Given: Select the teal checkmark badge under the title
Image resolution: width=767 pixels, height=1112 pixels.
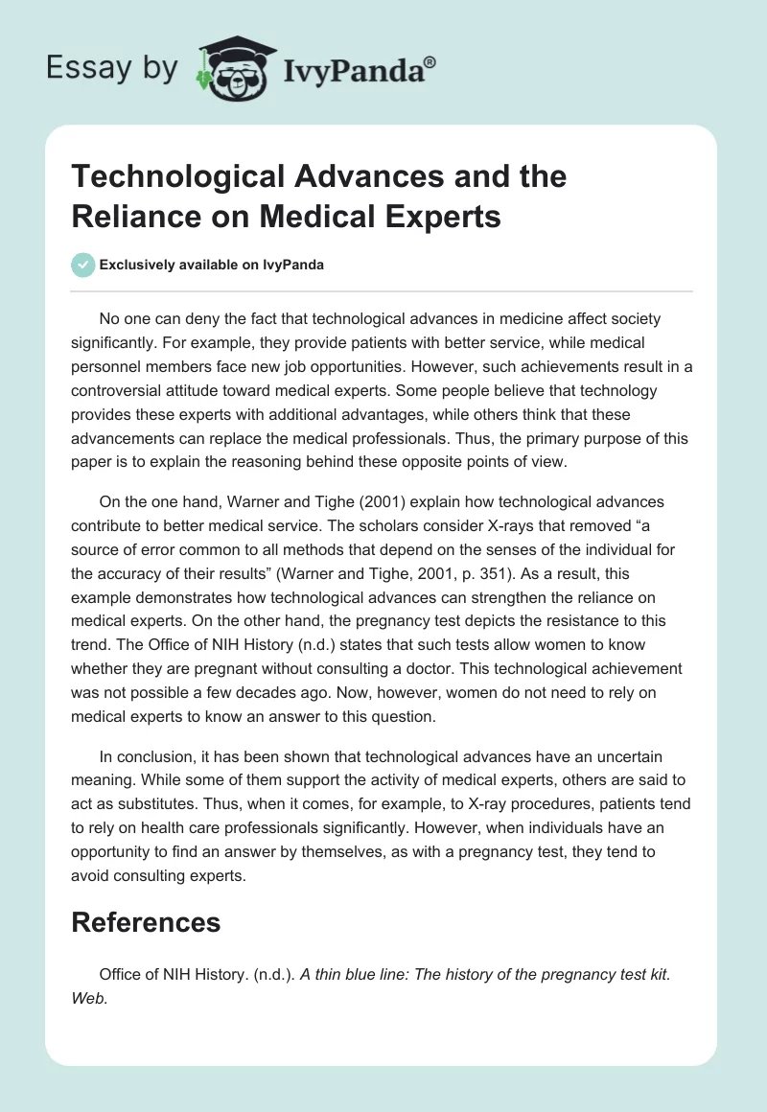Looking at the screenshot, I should (x=83, y=265).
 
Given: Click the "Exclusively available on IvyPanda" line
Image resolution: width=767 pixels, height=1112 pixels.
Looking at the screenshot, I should (x=212, y=265).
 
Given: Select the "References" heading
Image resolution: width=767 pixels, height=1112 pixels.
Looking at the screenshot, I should (x=146, y=922).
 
